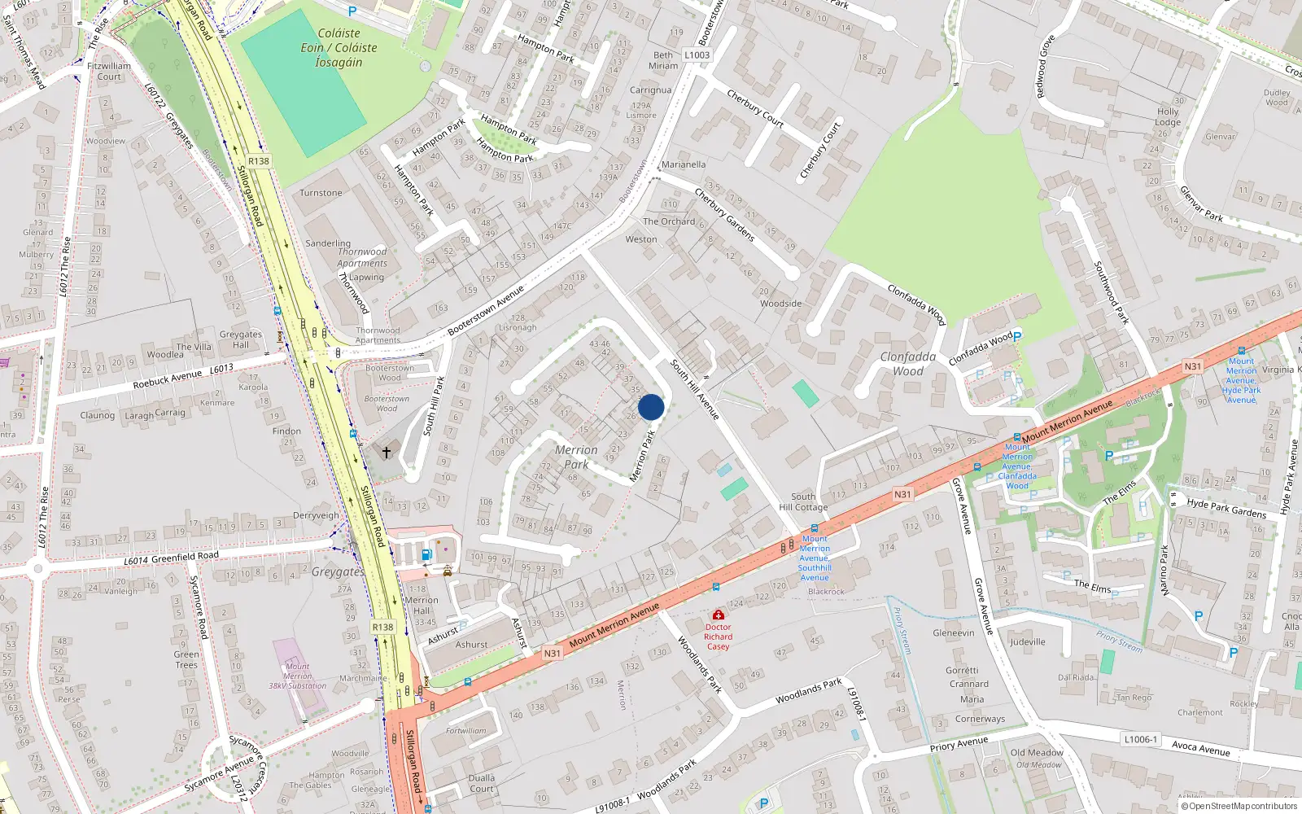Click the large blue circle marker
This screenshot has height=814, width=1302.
point(651,407)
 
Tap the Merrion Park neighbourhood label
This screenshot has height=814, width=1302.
point(576,457)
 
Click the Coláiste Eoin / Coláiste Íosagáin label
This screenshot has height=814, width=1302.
point(339,47)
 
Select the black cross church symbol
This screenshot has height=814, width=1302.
point(387,451)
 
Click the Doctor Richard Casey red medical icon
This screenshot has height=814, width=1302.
point(718,615)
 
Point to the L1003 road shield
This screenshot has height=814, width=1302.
point(697,55)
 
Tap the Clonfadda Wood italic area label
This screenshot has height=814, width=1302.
point(907,364)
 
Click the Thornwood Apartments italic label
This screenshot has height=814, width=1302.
point(362,257)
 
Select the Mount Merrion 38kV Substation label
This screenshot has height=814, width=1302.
point(298,676)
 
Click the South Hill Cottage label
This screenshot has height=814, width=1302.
point(803,501)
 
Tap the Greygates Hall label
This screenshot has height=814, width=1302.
point(241,339)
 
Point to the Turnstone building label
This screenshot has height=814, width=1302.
point(321,193)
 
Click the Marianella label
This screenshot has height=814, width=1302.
point(684,164)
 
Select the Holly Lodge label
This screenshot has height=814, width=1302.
point(1168,117)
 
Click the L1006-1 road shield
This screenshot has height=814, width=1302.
point(1140,739)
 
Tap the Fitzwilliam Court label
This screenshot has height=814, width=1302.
point(109,72)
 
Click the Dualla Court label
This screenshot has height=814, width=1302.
point(481,783)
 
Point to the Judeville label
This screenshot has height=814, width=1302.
point(1028,641)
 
